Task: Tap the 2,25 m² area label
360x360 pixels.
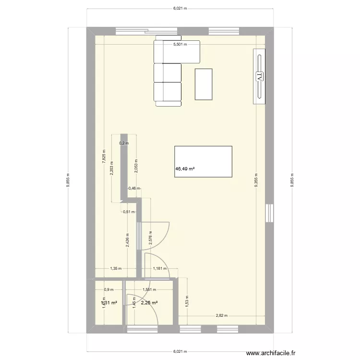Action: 149,302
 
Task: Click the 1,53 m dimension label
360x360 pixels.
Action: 187,300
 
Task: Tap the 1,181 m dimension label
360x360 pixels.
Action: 160,269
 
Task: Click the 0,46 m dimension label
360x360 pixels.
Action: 134,189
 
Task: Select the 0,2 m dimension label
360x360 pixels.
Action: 124,143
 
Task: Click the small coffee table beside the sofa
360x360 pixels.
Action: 204,84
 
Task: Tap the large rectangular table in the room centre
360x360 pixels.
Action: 204,162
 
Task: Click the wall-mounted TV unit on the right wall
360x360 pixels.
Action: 259,75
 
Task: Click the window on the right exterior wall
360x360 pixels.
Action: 270,213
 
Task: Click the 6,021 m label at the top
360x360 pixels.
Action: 180,8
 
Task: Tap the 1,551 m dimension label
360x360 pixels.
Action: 149,290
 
